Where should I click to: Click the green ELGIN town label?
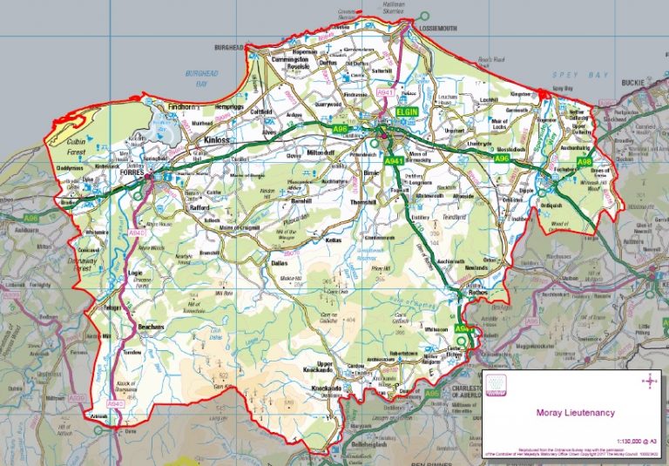[x=407, y=114]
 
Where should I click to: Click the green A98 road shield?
[x=559, y=162]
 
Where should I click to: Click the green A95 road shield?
[x=433, y=394]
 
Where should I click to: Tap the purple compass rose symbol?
[x=648, y=380]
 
